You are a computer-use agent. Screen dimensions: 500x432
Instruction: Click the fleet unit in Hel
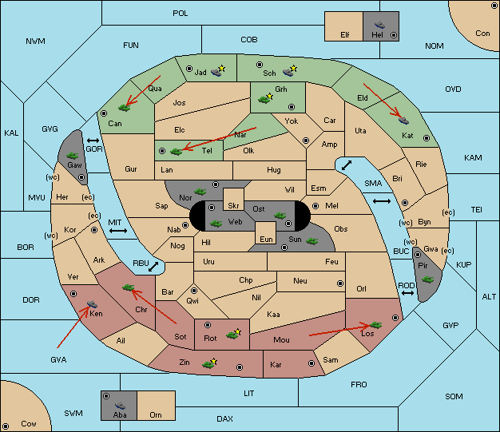pos(379,25)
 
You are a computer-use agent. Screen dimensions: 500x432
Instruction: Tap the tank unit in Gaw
pos(73,155)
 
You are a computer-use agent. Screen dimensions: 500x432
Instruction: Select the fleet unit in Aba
pos(121,405)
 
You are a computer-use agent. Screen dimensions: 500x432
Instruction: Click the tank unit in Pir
pos(427,279)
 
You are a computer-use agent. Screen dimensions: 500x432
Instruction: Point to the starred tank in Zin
pos(209,363)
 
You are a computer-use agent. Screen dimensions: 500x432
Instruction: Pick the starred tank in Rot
pos(233,334)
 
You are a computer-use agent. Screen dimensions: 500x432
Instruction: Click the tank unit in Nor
pos(200,192)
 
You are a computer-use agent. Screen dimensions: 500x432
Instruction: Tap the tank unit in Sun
pos(312,241)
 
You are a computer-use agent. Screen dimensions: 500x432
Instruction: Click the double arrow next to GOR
pos(93,141)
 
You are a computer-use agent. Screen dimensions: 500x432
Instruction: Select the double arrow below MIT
pos(118,231)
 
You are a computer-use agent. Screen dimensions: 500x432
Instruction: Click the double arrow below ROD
pos(407,293)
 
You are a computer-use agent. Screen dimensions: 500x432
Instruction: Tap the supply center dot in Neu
pos(340,283)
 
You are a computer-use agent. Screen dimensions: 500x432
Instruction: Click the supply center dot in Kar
pos(312,363)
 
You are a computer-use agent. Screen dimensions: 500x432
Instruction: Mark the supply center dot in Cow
pos(6,426)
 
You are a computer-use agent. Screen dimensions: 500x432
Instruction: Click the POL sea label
pos(181,14)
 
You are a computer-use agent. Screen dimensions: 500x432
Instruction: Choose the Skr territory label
pos(233,206)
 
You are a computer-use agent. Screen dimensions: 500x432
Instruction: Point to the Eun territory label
pos(266,239)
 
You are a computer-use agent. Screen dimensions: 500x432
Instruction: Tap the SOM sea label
pos(454,396)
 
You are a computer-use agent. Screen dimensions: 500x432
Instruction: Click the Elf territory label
pos(345,35)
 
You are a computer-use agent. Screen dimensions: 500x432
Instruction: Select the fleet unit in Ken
pos(92,303)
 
